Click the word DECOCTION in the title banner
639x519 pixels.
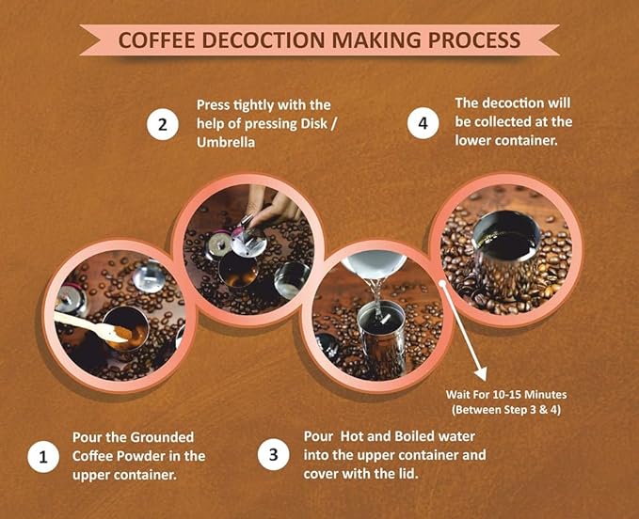point(264,39)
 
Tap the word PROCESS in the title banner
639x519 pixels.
point(474,39)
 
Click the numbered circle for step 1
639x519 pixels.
point(43,457)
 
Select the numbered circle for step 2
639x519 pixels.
point(163,124)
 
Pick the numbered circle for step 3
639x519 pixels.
point(274,454)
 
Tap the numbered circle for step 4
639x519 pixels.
point(423,123)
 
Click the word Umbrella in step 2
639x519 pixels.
point(226,143)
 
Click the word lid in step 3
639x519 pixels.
point(407,474)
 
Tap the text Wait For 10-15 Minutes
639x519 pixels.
point(506,395)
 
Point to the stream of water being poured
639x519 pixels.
point(377,296)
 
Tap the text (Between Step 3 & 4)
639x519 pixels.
point(506,410)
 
